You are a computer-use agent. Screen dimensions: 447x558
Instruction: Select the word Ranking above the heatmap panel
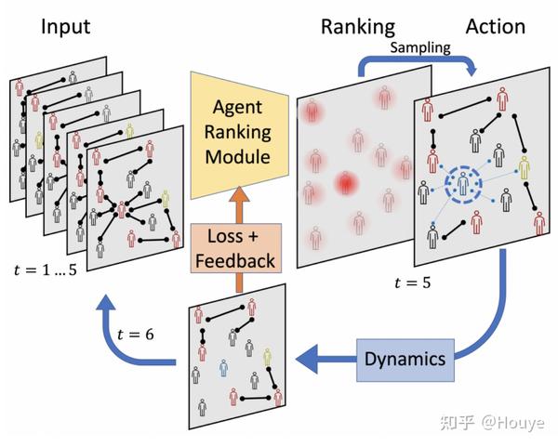(x=357, y=26)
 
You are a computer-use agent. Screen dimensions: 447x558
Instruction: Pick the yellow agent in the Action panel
(x=525, y=168)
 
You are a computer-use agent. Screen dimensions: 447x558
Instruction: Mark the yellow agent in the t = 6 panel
(x=267, y=357)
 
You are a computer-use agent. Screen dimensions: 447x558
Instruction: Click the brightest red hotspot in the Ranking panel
(x=347, y=183)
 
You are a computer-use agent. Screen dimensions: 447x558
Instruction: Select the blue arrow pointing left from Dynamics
(x=321, y=358)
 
